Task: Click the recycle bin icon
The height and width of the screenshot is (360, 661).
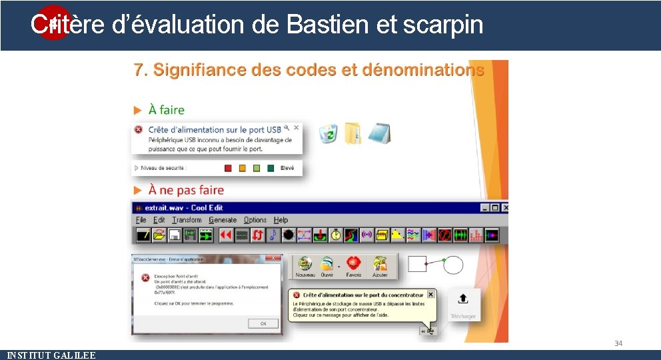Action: click(328, 133)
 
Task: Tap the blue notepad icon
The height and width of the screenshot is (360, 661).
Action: click(379, 133)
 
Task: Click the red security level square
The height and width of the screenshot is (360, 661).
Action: click(227, 169)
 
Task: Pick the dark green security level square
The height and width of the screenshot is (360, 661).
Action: click(271, 169)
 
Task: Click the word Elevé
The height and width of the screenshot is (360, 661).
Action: click(287, 169)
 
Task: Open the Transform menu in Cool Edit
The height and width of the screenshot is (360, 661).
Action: click(187, 220)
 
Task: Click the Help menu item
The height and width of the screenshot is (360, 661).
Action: click(281, 220)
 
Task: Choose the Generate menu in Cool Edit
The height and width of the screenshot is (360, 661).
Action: click(223, 220)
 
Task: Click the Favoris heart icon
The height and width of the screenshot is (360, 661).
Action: click(353, 265)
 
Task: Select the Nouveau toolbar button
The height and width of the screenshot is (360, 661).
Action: click(305, 265)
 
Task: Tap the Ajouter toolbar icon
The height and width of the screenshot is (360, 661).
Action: click(380, 265)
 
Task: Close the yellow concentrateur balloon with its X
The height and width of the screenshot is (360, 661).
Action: click(430, 294)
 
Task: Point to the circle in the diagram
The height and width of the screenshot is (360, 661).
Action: click(453, 265)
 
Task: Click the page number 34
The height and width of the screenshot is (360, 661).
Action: click(618, 343)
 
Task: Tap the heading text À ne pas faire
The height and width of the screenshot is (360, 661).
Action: click(186, 191)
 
